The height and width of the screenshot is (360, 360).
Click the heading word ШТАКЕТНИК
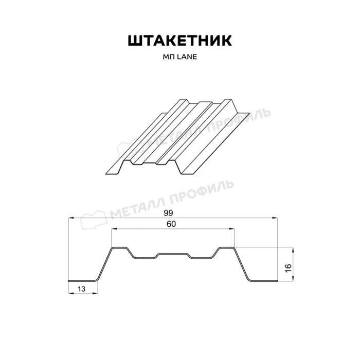pos(179,41)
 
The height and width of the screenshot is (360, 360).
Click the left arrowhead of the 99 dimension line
pos(70,219)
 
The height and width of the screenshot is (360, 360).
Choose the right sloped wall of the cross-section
pos(242,264)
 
